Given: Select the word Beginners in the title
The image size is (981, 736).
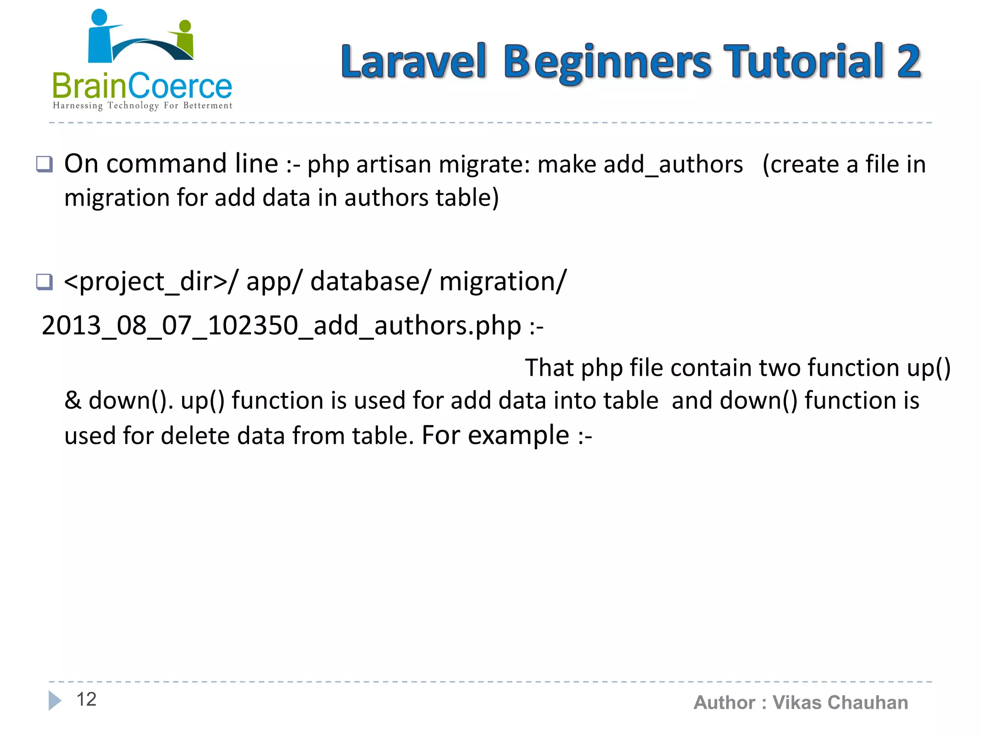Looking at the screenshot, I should [x=607, y=62].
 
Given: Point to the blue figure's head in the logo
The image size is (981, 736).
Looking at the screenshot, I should [x=99, y=17].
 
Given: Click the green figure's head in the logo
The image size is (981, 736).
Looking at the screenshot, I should [x=185, y=26].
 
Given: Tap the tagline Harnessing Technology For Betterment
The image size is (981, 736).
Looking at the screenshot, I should [x=142, y=105].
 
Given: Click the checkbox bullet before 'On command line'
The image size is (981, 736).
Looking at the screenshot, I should [x=45, y=164].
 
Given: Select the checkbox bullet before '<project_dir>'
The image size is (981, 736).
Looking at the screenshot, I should [x=45, y=282].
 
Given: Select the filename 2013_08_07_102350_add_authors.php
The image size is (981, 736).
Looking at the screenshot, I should [x=281, y=326].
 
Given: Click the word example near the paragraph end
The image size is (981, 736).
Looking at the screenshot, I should [x=518, y=436].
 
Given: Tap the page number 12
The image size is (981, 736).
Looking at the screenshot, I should [x=86, y=699].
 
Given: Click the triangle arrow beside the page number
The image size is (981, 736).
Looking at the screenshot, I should [x=55, y=700].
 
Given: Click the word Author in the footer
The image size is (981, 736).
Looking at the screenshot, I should [x=724, y=702].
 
